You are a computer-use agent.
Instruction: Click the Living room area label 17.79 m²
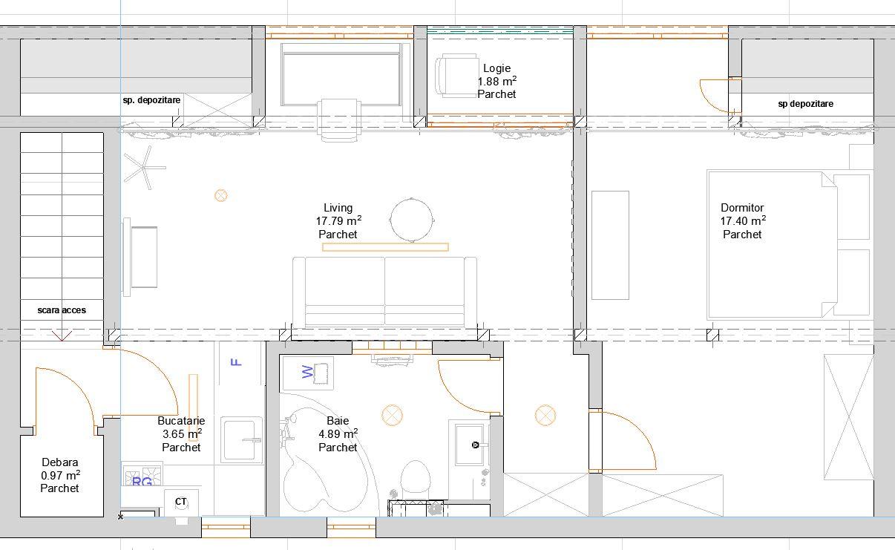point(338,221)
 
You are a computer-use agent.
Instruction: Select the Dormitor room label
point(742,208)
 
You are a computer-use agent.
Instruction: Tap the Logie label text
point(496,68)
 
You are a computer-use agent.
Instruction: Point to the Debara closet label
point(59,462)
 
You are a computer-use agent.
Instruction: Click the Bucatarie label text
point(181,421)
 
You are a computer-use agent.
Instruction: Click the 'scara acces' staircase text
point(62,310)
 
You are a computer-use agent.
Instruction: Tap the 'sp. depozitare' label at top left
point(151,99)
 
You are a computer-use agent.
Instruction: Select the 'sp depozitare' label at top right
point(805,104)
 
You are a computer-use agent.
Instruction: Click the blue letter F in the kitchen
point(237,362)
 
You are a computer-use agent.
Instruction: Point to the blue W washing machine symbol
point(308,372)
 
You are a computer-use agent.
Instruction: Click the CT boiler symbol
point(180,502)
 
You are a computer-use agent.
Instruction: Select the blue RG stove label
point(142,482)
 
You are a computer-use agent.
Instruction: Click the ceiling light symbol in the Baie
point(392,415)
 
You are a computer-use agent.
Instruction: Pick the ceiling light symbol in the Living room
point(220,195)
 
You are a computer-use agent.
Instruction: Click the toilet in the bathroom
point(414,477)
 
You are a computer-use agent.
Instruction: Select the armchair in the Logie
point(454,76)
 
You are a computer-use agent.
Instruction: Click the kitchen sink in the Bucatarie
point(241,441)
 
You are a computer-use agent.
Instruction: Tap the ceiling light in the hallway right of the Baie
point(545,415)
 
